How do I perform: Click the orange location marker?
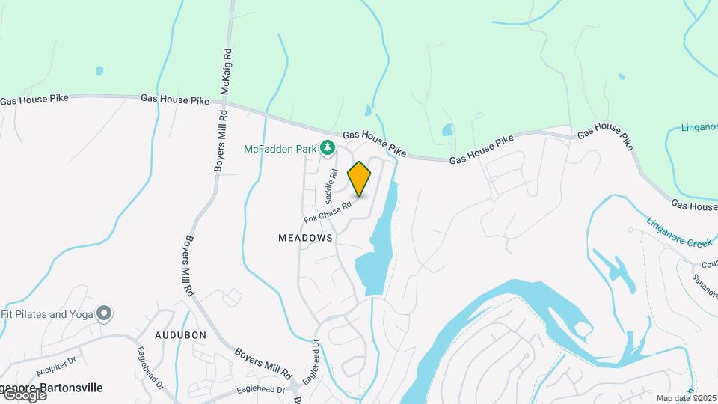click(360, 178)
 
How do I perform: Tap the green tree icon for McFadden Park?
click(327, 149)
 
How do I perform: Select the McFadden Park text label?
click(281, 149)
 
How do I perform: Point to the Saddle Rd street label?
click(329, 187)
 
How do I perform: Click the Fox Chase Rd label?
click(328, 212)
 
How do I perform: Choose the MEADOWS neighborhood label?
click(305, 237)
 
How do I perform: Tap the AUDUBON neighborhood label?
click(180, 335)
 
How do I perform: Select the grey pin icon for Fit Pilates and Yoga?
click(104, 314)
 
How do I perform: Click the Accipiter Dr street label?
click(57, 365)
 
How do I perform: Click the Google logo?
click(24, 394)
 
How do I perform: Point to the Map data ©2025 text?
click(686, 398)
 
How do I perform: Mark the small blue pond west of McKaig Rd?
click(99, 71)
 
